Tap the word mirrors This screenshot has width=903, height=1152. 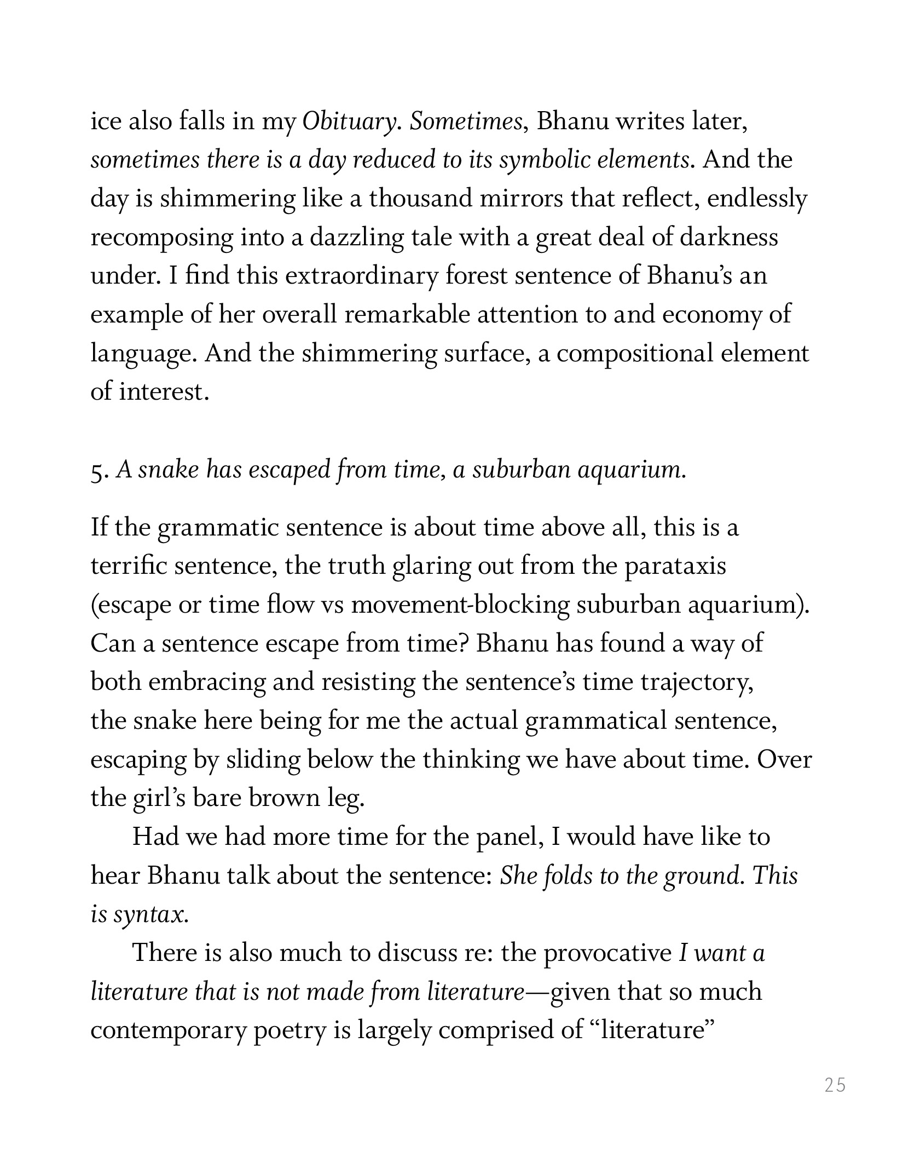point(520,199)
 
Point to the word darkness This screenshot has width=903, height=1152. point(728,238)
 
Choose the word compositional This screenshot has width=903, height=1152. point(635,354)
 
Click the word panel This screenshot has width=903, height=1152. point(510,837)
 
